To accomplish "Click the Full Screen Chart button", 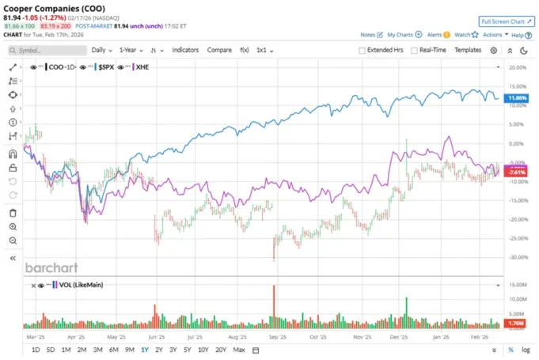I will click(507, 21).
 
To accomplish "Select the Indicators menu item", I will click(185, 50).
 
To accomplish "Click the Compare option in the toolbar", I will click(219, 50).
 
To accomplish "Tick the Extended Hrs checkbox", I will click(362, 50).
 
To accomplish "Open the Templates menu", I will click(468, 50).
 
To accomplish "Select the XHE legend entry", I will click(142, 67).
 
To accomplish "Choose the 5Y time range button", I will click(187, 350).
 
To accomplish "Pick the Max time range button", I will click(239, 350).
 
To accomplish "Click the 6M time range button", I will click(114, 350).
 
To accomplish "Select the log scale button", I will click(526, 350).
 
